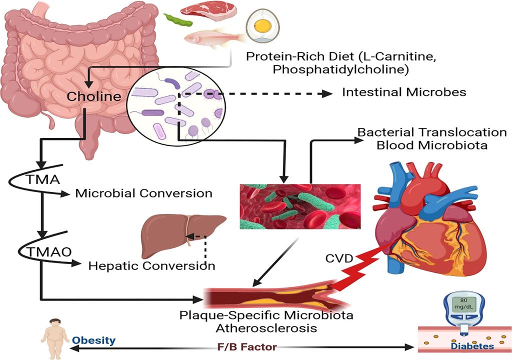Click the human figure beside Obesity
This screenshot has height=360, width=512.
55,335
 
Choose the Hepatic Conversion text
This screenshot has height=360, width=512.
151,265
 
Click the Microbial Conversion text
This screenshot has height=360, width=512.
143,193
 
